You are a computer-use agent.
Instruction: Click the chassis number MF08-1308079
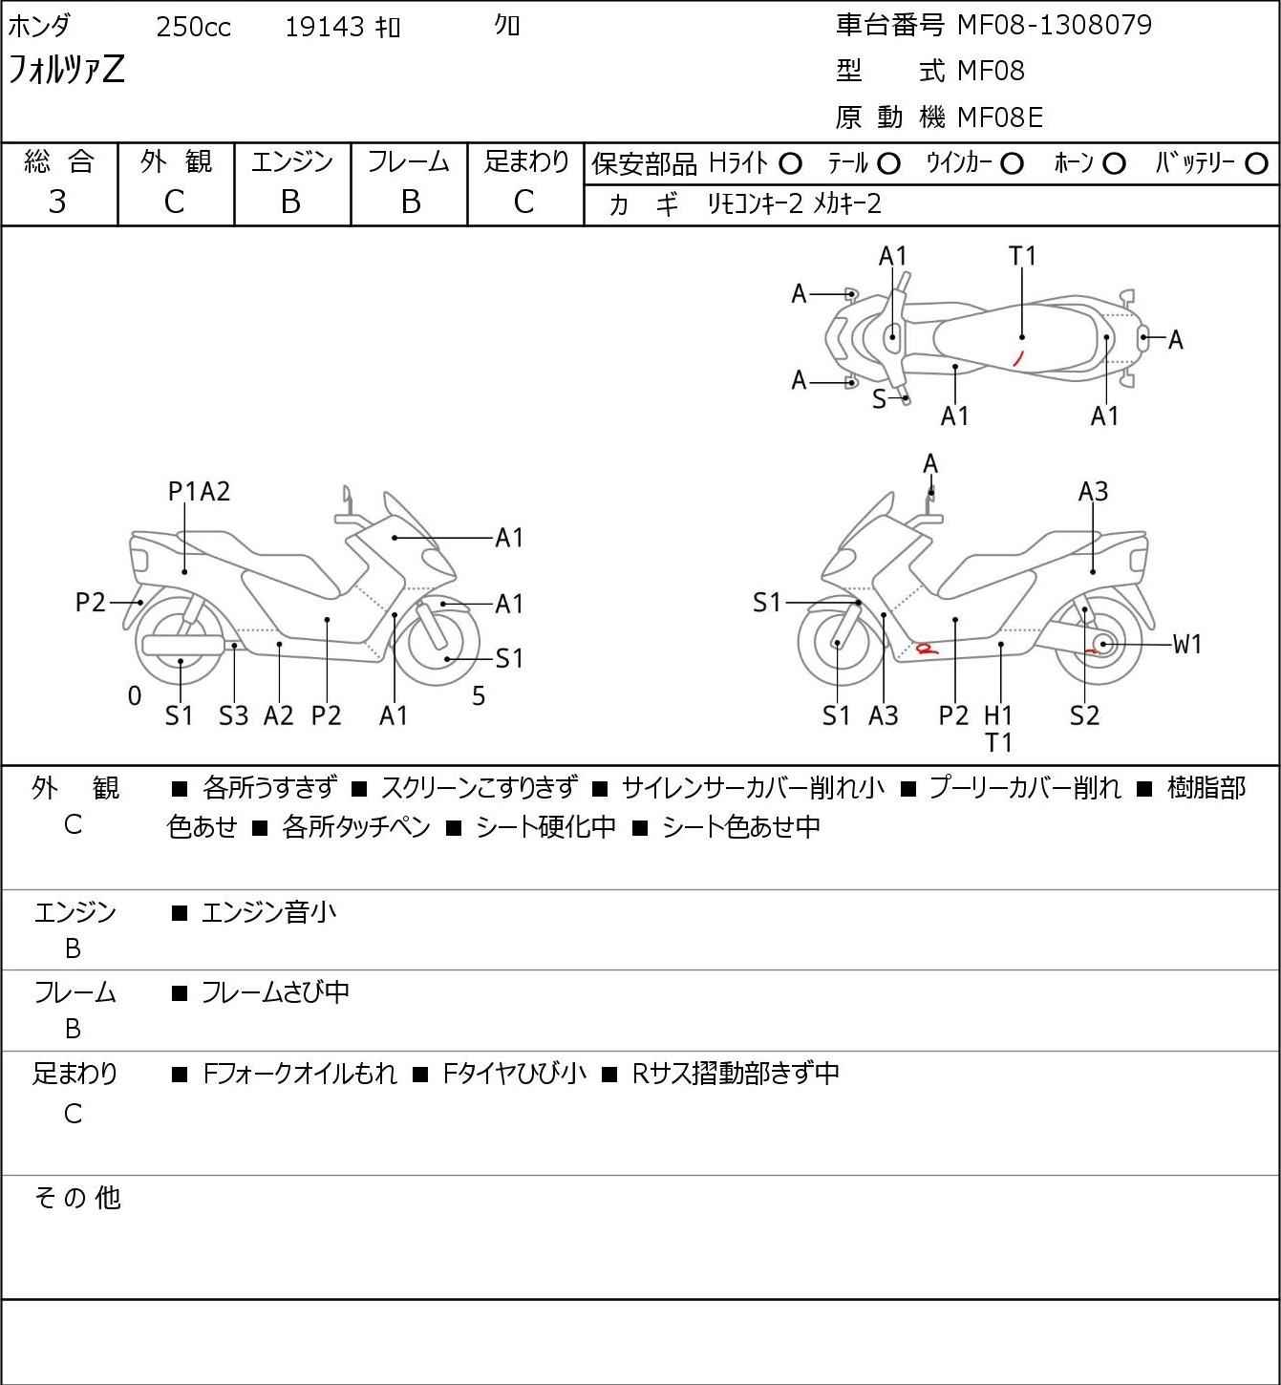pyautogui.click(x=1054, y=25)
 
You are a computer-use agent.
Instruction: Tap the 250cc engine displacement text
pyautogui.click(x=193, y=27)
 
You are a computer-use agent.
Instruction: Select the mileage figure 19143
pyautogui.click(x=324, y=27)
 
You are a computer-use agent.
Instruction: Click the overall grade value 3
pyautogui.click(x=57, y=202)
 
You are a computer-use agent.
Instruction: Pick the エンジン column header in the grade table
pyautogui.click(x=291, y=161)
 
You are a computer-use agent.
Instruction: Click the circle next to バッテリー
pyautogui.click(x=1257, y=164)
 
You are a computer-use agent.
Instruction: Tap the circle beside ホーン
pyautogui.click(x=1114, y=164)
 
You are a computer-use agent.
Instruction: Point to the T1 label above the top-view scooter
pyautogui.click(x=1022, y=256)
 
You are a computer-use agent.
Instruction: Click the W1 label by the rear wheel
pyautogui.click(x=1186, y=645)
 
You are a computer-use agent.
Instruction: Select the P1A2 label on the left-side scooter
pyautogui.click(x=199, y=491)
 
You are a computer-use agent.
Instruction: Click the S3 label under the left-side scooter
pyautogui.click(x=233, y=715)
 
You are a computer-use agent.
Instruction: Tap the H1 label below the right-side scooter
pyautogui.click(x=998, y=714)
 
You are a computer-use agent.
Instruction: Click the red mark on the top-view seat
pyautogui.click(x=1017, y=358)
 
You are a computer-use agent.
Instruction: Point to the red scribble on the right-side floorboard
pyautogui.click(x=925, y=649)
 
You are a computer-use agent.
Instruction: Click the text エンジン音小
pyautogui.click(x=268, y=912)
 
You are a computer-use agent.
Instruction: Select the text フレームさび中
pyautogui.click(x=274, y=992)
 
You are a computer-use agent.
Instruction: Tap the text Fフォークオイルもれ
pyautogui.click(x=300, y=1074)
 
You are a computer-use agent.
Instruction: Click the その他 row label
pyautogui.click(x=76, y=1197)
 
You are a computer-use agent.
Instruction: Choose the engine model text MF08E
pyautogui.click(x=999, y=117)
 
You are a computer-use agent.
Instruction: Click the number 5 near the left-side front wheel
pyautogui.click(x=479, y=696)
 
